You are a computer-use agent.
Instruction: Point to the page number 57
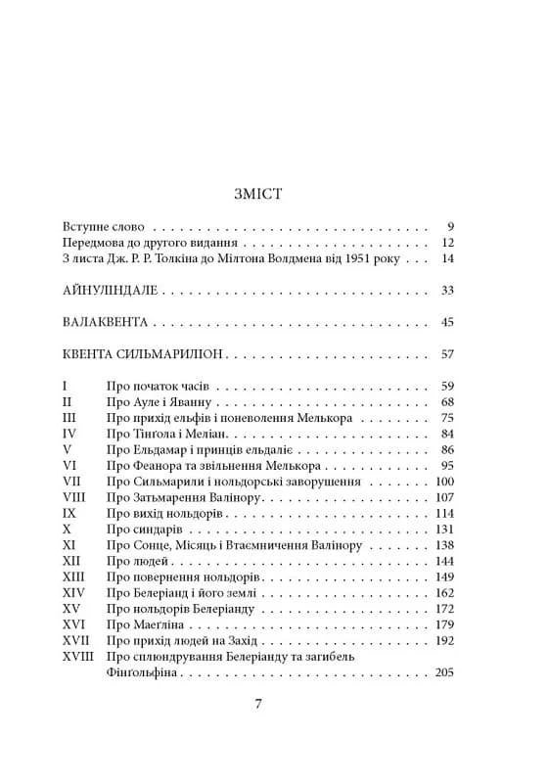448,355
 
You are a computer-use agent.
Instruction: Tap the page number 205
444,673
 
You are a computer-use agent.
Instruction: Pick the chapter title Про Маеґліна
143,623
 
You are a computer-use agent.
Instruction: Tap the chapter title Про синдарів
143,529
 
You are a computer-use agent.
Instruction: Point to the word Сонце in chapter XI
152,544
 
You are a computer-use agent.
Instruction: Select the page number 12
448,242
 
